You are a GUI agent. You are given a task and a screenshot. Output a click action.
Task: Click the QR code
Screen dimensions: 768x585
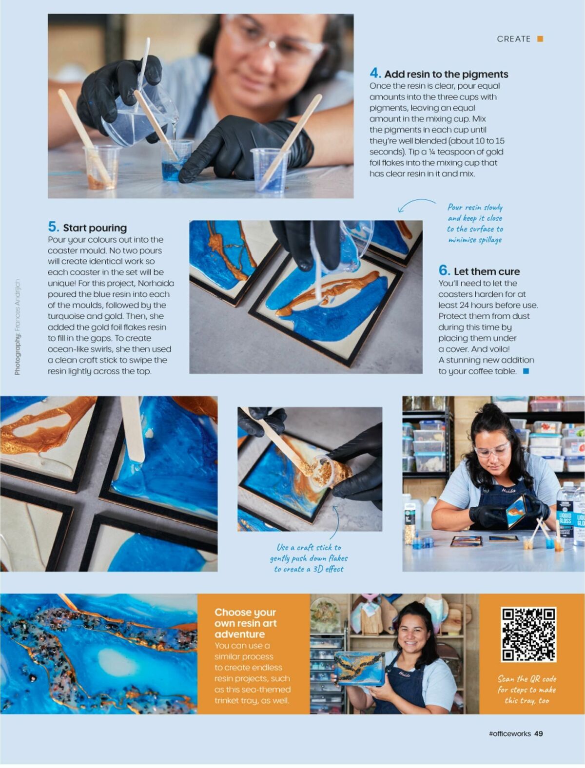coord(528,634)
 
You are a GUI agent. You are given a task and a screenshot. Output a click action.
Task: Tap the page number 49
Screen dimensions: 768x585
coord(538,733)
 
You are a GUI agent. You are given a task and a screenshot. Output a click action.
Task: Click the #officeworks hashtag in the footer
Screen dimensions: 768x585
coord(509,733)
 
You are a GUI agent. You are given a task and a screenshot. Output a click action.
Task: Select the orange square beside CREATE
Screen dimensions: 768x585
coord(540,39)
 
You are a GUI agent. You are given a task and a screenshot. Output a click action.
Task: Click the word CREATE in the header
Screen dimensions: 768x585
coord(513,39)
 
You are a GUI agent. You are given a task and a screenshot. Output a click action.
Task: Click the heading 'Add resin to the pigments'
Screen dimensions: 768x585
coord(446,74)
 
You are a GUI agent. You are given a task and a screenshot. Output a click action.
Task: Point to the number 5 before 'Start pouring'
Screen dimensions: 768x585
coord(53,227)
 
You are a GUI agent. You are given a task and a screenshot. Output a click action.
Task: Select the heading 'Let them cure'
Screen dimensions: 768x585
coord(486,271)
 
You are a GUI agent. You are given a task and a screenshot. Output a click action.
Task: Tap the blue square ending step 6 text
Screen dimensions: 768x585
coord(526,371)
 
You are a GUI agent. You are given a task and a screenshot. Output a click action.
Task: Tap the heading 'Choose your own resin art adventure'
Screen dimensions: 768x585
coord(246,623)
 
